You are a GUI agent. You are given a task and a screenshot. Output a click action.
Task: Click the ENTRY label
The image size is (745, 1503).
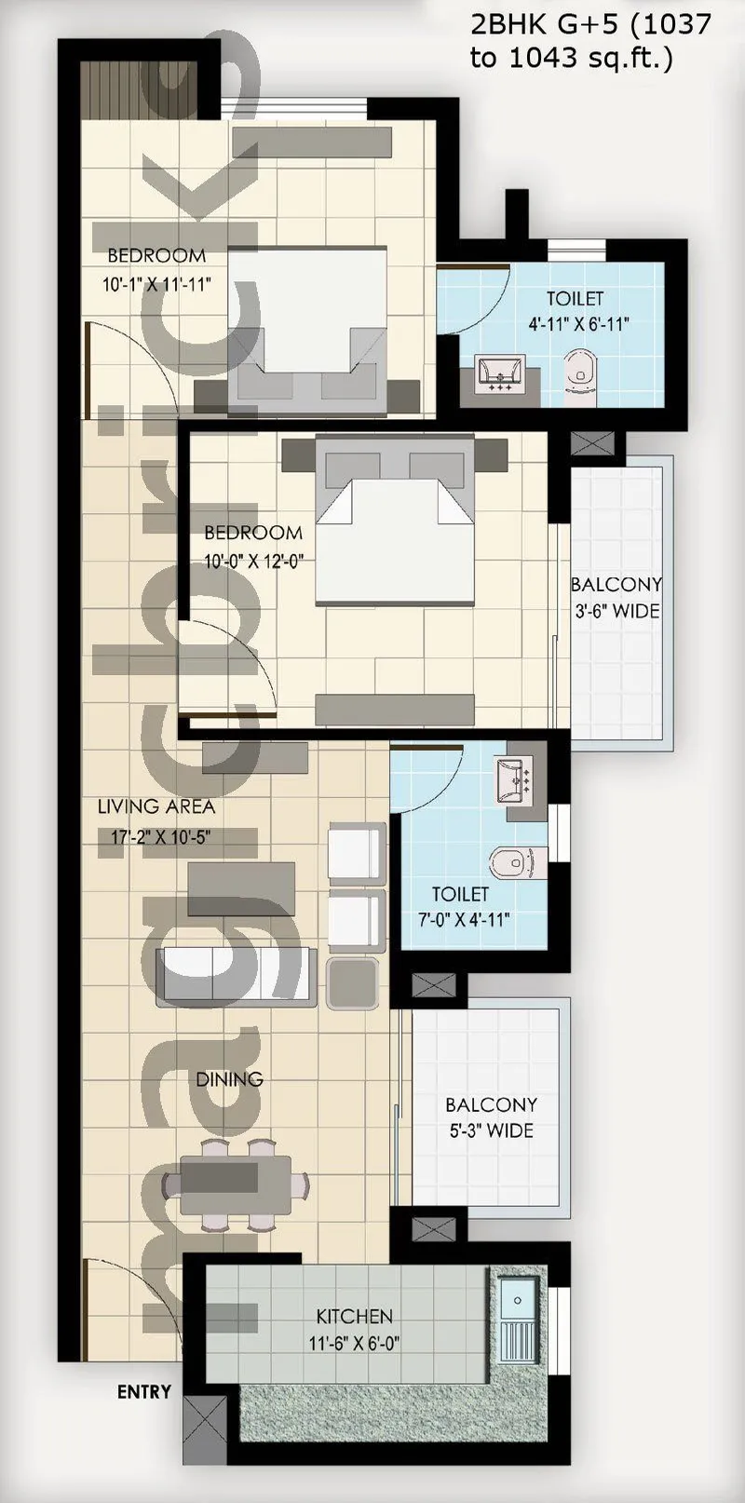(x=143, y=1391)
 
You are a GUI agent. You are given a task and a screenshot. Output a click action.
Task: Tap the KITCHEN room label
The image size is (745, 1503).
(x=354, y=1316)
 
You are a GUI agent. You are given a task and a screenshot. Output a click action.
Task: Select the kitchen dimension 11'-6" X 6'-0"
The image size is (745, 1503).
(x=354, y=1344)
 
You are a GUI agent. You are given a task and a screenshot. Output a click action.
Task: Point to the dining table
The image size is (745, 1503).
(x=235, y=1184)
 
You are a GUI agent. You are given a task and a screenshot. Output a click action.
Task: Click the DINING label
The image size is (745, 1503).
(x=229, y=1079)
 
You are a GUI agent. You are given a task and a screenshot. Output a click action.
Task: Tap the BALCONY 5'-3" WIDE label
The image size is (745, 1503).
(x=491, y=1117)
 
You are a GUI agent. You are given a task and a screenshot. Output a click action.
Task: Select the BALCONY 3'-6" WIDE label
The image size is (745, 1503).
(x=616, y=598)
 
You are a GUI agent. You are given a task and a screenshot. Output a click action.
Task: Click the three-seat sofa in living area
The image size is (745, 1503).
(x=236, y=976)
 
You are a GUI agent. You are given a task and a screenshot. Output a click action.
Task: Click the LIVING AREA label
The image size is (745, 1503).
(x=156, y=806)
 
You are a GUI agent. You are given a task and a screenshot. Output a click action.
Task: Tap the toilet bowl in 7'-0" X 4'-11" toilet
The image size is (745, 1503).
(x=509, y=862)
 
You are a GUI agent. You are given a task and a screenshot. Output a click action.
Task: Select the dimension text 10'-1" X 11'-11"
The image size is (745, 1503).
(x=156, y=284)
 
